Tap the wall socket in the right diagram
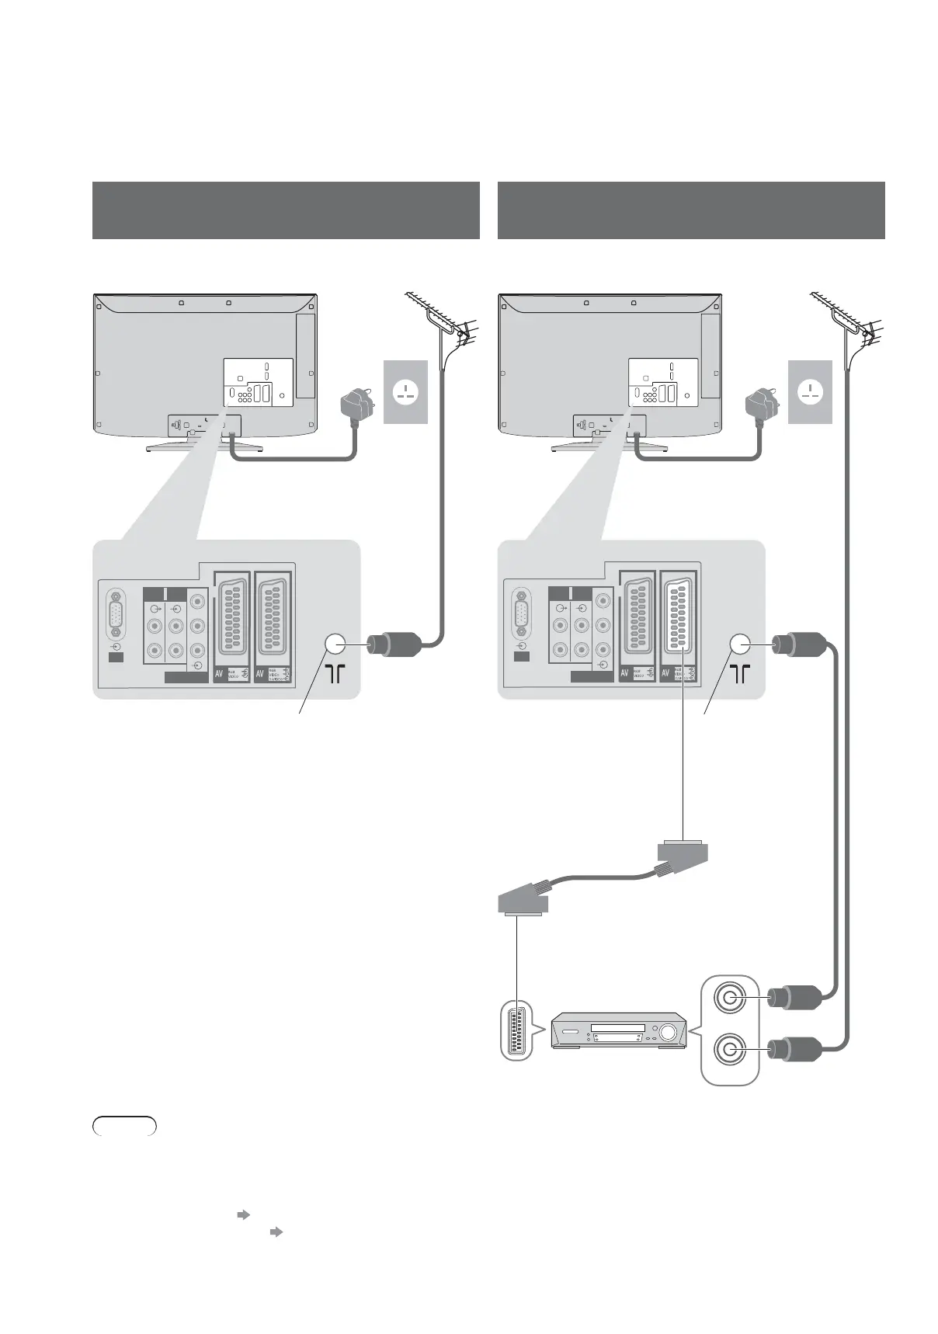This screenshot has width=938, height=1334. pyautogui.click(x=810, y=391)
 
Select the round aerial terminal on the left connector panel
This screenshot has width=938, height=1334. pyautogui.click(x=335, y=644)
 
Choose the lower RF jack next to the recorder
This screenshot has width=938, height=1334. pyautogui.click(x=728, y=1050)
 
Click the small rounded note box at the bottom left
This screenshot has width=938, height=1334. pyautogui.click(x=124, y=1126)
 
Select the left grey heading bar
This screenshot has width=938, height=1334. pyautogui.click(x=285, y=210)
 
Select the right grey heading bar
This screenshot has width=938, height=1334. pyautogui.click(x=690, y=210)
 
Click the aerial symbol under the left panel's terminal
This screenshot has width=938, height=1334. pyautogui.click(x=335, y=674)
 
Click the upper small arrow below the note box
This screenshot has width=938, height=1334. pyautogui.click(x=241, y=1214)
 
